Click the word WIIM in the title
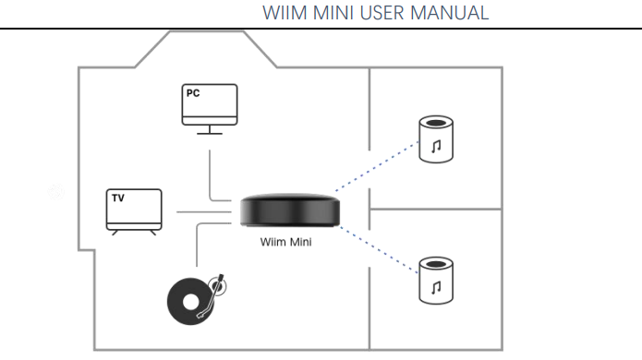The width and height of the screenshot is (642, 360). (x=285, y=13)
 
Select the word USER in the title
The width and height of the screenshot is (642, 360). (x=382, y=13)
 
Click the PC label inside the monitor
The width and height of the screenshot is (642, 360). (x=193, y=93)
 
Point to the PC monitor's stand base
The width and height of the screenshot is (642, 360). (x=210, y=133)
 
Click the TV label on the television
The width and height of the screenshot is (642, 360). (x=118, y=198)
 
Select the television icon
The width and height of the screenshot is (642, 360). (x=134, y=212)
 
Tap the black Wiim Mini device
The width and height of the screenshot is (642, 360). (x=290, y=210)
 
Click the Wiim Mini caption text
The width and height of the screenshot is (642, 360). (x=285, y=242)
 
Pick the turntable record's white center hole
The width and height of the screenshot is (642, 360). (x=190, y=302)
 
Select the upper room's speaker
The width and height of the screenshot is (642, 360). (x=436, y=139)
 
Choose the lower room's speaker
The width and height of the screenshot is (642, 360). (x=436, y=281)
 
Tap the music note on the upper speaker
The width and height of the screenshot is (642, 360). (x=436, y=146)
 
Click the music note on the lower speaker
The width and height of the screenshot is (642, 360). (x=436, y=287)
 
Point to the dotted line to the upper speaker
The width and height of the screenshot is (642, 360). (x=377, y=166)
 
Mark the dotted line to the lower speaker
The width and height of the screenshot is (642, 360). (x=379, y=250)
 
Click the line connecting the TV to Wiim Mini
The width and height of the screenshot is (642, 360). (x=204, y=212)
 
